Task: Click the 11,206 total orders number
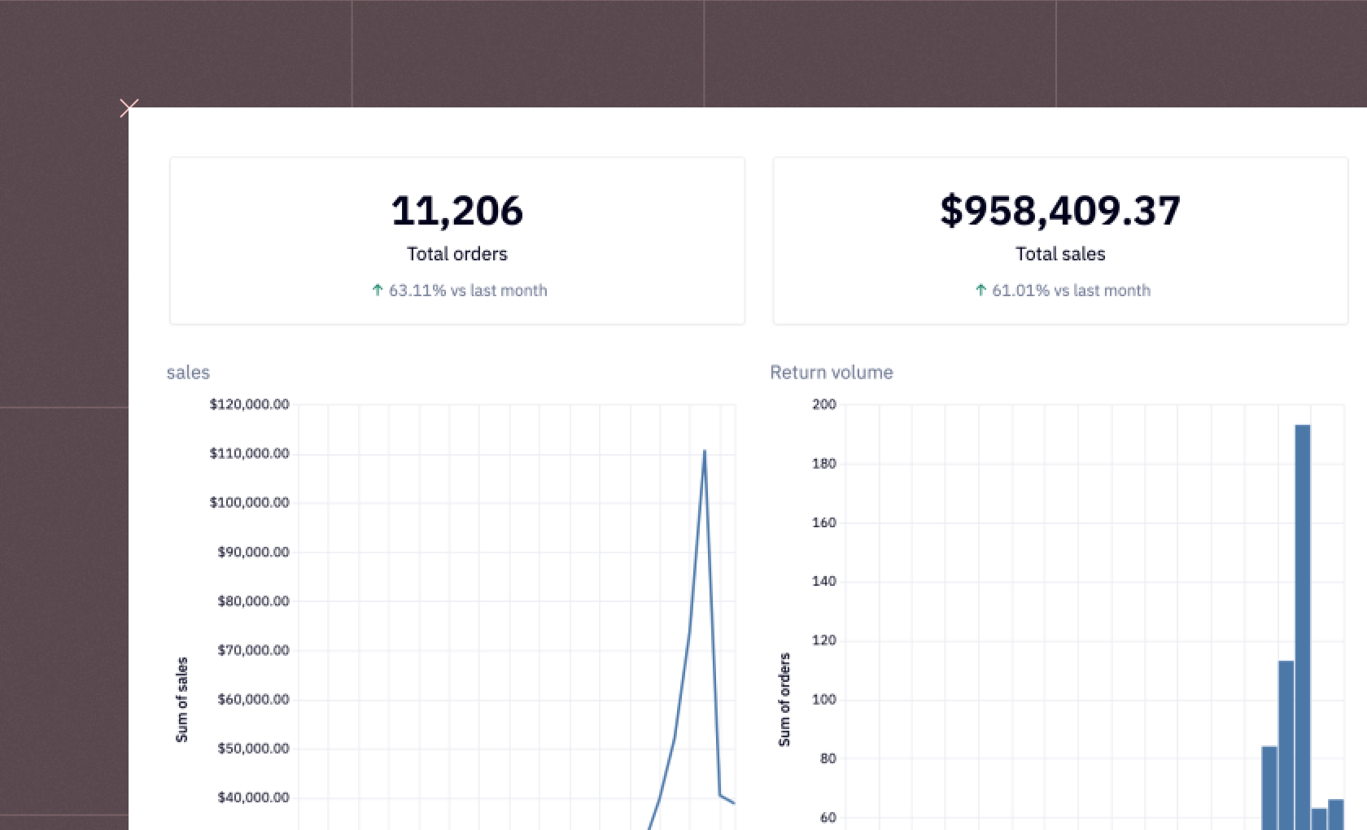point(456,211)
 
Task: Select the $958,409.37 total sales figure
point(1059,211)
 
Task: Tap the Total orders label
point(456,254)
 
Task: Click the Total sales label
point(1059,254)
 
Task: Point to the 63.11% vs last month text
point(467,290)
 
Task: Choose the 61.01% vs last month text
point(1070,290)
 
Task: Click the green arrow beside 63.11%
point(378,290)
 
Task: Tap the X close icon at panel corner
point(129,107)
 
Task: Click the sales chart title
point(188,373)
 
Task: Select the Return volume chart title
point(831,373)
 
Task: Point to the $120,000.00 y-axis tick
point(249,404)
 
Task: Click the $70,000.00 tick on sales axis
point(253,650)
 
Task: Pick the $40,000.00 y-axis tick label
point(253,797)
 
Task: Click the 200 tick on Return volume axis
point(823,404)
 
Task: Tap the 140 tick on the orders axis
point(823,581)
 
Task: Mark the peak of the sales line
point(704,451)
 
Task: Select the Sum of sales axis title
point(181,700)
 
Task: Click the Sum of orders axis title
point(784,700)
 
